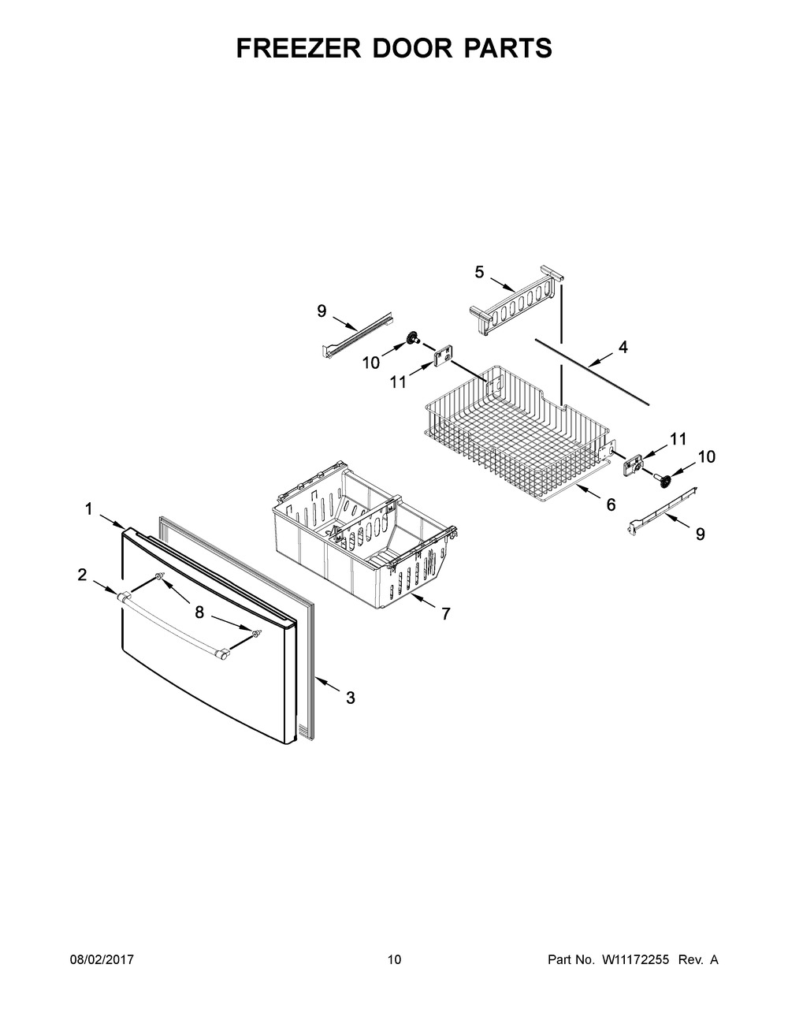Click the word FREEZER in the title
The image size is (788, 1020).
click(x=299, y=48)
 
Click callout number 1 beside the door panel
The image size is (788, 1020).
click(x=88, y=509)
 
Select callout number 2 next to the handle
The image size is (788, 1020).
click(x=82, y=574)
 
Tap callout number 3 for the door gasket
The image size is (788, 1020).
click(x=351, y=711)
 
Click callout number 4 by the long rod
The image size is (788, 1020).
click(x=623, y=348)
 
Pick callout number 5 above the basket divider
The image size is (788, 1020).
click(x=479, y=272)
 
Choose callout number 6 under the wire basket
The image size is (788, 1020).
click(x=611, y=504)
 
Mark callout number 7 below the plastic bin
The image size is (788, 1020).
click(x=445, y=613)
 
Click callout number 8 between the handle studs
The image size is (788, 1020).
click(x=199, y=612)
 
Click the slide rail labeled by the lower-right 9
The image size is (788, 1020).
click(x=662, y=510)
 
